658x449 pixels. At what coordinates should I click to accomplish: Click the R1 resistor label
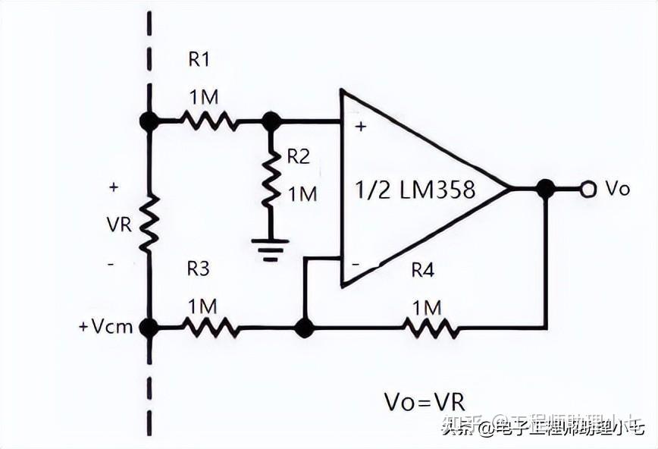pos(199,58)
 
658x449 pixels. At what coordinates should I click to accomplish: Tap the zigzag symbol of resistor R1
pos(208,120)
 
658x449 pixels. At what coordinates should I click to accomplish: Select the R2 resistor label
pos(298,156)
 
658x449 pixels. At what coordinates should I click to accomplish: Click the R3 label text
pos(199,268)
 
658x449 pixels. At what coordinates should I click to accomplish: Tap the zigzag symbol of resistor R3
pos(211,328)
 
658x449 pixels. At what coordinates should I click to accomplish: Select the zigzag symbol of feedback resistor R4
pos(431,328)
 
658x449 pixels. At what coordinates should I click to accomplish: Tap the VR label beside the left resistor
pos(119,225)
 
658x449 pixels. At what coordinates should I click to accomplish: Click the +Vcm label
pos(105,327)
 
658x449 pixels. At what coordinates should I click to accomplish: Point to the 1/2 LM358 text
pos(415,190)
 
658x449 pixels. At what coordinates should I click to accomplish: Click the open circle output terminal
pos(587,189)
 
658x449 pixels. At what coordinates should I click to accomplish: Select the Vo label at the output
pos(617,189)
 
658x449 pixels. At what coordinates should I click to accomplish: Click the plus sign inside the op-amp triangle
pos(360,127)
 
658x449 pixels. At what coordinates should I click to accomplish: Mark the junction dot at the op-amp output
pos(544,189)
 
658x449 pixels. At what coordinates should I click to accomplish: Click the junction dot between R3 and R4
pos(304,328)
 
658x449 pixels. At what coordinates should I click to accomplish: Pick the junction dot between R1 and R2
pos(271,120)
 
